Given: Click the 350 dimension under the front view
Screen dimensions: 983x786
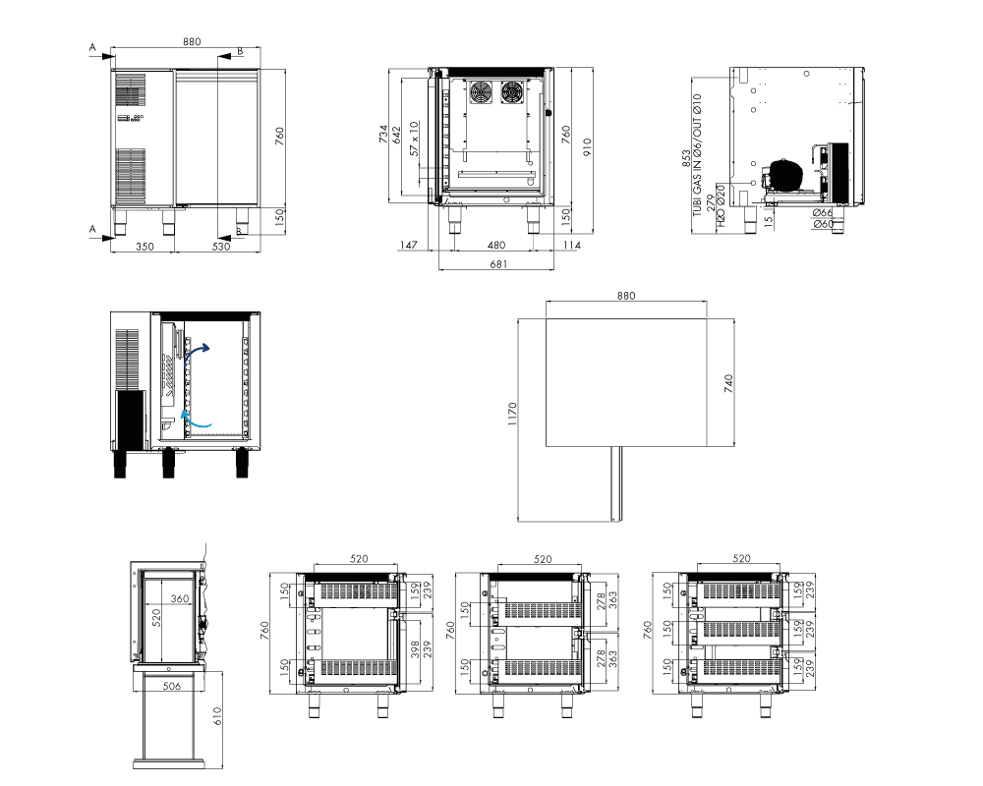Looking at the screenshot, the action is (x=145, y=247).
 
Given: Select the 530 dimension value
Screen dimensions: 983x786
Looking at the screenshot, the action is (x=221, y=247).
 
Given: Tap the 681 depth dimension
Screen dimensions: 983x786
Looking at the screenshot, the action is (x=498, y=264).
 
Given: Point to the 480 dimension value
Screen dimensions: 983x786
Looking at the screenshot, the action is (x=496, y=245).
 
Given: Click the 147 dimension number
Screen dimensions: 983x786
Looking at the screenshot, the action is (x=408, y=245).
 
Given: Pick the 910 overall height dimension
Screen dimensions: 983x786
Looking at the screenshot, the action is (x=588, y=147).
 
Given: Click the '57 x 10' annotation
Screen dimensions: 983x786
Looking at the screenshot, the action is (x=415, y=139).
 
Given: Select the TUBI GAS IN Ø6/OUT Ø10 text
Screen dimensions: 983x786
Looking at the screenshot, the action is (x=697, y=155).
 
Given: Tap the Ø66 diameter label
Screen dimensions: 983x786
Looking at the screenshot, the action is (x=823, y=213).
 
